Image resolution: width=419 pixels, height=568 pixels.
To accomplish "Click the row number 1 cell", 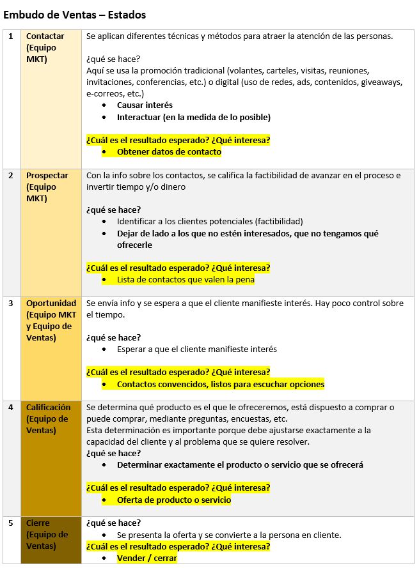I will [10, 36].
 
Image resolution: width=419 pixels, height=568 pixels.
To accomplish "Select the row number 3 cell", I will [10, 303].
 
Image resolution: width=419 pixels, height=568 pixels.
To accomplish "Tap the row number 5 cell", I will [10, 523].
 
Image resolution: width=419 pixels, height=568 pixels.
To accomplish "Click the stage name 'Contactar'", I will [45, 36].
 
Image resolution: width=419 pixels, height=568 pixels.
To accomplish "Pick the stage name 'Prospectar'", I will [47, 175].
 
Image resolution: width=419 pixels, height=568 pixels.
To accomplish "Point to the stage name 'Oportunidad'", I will [51, 303].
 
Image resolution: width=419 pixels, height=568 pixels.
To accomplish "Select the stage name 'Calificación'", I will [49, 407].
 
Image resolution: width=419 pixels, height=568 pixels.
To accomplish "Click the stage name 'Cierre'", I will [38, 523].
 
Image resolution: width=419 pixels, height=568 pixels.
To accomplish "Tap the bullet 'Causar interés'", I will [145, 105].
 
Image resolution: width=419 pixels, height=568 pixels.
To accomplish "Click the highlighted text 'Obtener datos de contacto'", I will [169, 151].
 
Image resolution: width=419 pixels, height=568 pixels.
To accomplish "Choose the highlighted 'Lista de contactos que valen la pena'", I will [186, 279].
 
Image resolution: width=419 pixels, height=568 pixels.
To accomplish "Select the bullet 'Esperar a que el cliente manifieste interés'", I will [197, 349].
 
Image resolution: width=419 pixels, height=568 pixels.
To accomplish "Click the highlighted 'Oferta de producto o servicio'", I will [174, 500].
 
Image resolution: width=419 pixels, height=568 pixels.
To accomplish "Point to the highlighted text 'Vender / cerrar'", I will [146, 558].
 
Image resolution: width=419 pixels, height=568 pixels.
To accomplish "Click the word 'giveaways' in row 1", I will [381, 82].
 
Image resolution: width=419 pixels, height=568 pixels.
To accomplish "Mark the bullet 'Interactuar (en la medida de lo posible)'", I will [193, 117].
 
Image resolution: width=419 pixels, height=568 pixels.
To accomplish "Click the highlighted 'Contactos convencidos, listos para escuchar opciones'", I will [221, 384].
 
